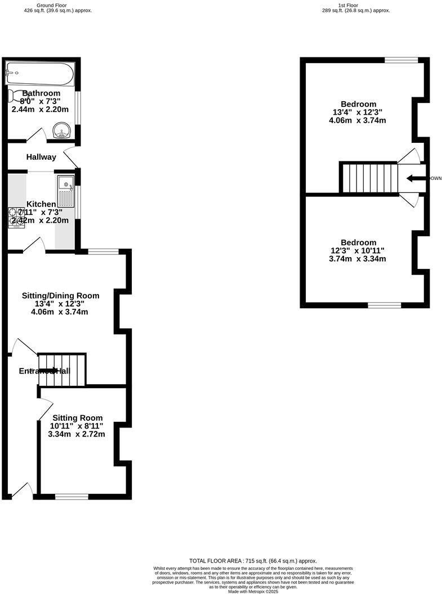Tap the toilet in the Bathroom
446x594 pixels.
17,96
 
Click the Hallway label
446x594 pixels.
41,157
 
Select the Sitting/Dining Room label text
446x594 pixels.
60,295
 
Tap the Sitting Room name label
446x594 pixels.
78,417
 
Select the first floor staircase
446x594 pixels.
369,178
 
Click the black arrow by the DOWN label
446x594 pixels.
416,178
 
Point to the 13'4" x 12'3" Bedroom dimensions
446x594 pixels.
358,112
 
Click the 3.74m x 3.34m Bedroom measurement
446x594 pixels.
358,259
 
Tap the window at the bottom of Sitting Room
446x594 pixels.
72,496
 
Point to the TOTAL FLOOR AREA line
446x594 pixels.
253,561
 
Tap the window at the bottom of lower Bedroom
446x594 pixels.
385,305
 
